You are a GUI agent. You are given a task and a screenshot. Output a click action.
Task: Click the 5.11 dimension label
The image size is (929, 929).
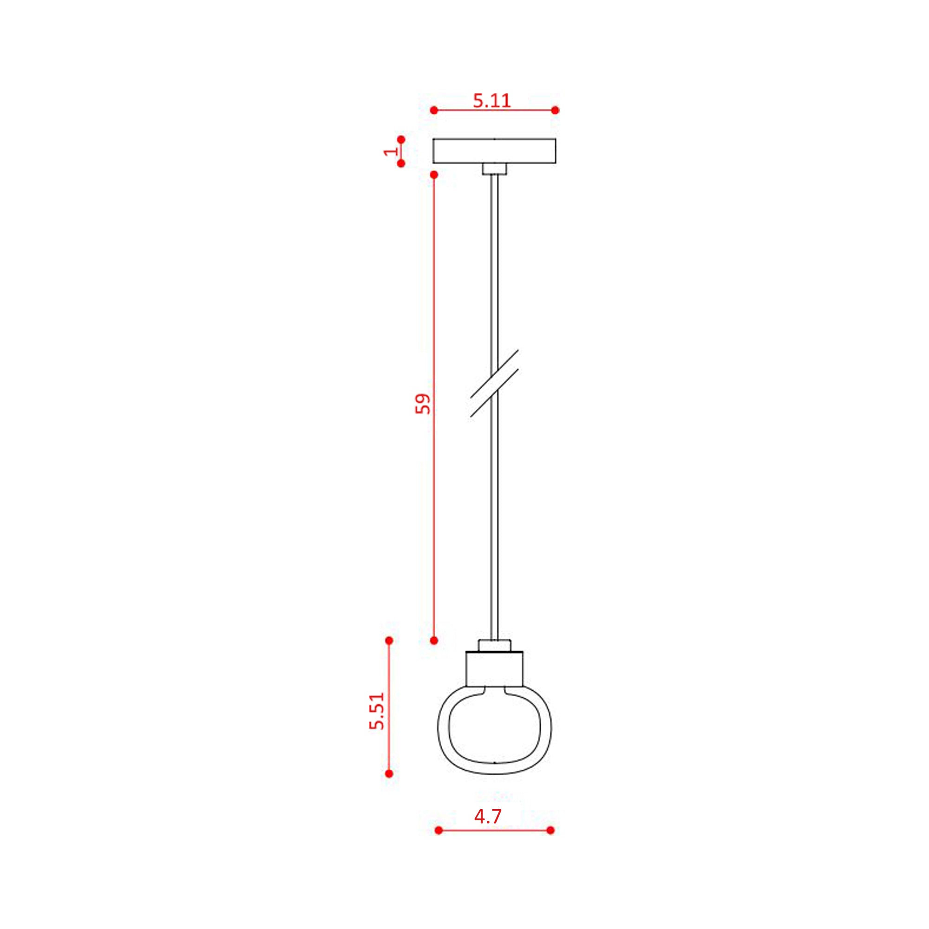pos(491,100)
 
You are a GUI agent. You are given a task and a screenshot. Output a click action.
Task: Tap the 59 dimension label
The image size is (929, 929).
pos(423,404)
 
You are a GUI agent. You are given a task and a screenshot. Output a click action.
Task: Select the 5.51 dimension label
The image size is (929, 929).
pos(377,711)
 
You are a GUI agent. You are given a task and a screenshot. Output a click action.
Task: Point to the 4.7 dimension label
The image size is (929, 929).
pos(488,817)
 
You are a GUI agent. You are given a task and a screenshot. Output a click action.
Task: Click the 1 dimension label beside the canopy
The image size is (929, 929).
pos(391,151)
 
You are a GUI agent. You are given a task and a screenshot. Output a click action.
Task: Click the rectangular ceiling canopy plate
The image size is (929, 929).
pos(494,151)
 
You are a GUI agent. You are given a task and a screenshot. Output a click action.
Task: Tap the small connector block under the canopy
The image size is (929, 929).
pos(494,169)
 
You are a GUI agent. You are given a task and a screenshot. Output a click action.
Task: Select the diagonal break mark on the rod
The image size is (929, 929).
pos(494,383)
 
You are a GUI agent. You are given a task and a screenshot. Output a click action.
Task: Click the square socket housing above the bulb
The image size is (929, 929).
pos(494,669)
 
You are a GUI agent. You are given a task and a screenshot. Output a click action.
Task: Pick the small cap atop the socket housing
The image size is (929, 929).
pos(494,645)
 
